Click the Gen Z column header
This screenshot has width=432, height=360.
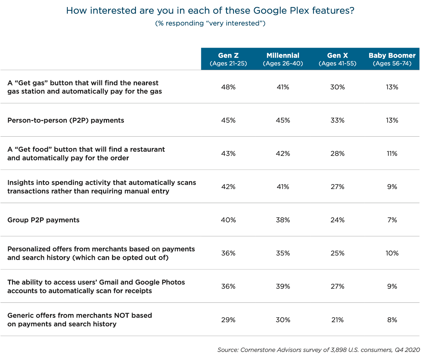(x=228, y=59)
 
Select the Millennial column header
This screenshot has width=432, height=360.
(x=283, y=59)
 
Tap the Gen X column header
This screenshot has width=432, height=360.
(x=337, y=59)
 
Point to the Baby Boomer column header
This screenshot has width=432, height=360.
(x=392, y=59)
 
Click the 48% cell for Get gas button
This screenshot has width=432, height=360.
(x=228, y=87)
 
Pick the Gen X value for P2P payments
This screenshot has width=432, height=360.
(x=337, y=120)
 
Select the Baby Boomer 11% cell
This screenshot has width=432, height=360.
(x=392, y=154)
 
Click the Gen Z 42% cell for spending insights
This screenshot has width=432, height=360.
(x=228, y=187)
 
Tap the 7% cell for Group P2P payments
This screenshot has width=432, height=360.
(x=392, y=220)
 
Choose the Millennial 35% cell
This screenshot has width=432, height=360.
(x=283, y=253)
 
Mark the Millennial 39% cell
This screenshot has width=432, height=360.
(x=283, y=287)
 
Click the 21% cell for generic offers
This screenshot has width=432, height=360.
(x=337, y=320)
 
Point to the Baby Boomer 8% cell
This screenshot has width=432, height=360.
(x=392, y=320)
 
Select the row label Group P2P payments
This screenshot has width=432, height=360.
(x=43, y=220)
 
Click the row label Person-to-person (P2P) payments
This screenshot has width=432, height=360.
(x=66, y=120)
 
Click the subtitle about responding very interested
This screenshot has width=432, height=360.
(x=210, y=23)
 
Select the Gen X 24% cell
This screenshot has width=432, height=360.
(x=337, y=220)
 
